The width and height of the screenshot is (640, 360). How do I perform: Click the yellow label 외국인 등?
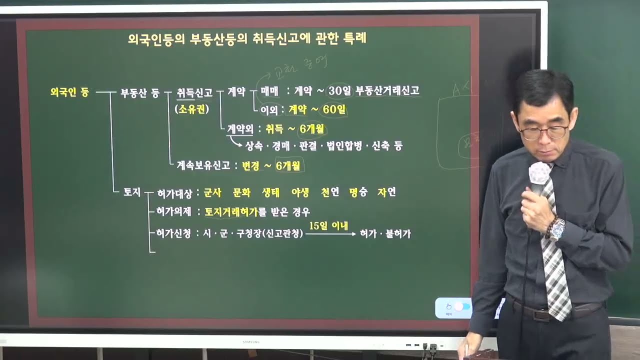pyautogui.click(x=69, y=92)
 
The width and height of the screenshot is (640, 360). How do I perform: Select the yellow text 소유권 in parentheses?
pyautogui.click(x=192, y=109)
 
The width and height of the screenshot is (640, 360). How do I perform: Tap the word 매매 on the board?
pyautogui.click(x=269, y=91)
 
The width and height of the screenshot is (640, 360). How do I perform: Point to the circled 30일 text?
pyautogui.click(x=340, y=91)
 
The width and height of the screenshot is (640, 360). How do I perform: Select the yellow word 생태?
pyautogui.click(x=272, y=192)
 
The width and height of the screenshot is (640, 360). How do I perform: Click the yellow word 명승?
pyautogui.click(x=358, y=192)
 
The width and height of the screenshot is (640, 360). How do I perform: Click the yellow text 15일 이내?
pyautogui.click(x=328, y=225)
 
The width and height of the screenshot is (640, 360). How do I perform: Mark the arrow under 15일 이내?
pyautogui.click(x=330, y=234)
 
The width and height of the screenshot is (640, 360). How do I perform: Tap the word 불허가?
pyautogui.click(x=398, y=234)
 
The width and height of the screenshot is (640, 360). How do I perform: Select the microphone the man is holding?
pyautogui.click(x=539, y=175)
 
